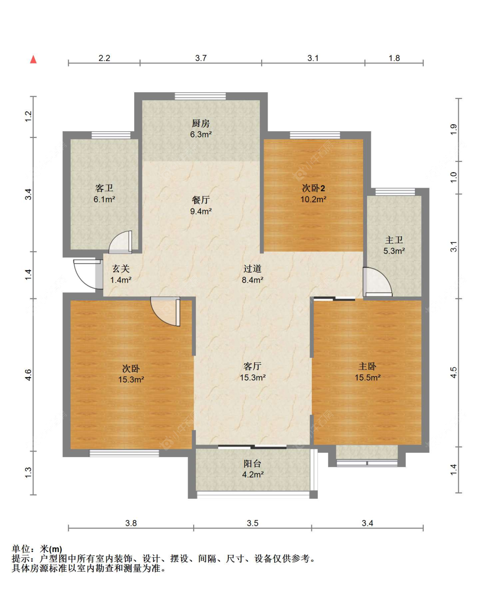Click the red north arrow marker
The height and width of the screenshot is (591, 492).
(x=33, y=59)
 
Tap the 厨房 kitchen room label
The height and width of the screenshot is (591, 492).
(x=201, y=123)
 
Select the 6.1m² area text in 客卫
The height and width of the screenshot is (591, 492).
(x=104, y=199)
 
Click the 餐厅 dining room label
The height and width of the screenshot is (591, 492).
(x=201, y=200)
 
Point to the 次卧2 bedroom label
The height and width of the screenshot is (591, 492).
(x=313, y=188)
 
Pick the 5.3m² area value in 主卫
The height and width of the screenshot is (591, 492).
(x=394, y=251)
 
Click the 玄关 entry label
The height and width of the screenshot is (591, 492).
(x=121, y=269)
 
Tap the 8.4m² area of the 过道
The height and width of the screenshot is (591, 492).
(x=252, y=280)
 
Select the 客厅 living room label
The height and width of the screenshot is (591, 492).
(x=252, y=366)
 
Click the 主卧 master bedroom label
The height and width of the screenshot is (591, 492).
(x=367, y=367)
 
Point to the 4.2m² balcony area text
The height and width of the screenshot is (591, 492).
(x=253, y=474)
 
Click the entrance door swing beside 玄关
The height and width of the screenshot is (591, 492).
(x=88, y=274)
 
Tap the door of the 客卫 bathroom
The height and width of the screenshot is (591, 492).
(x=121, y=242)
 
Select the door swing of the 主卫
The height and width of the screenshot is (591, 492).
(x=377, y=282)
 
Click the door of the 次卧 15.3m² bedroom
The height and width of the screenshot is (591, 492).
(x=165, y=311)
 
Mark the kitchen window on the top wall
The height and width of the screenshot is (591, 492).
(x=200, y=96)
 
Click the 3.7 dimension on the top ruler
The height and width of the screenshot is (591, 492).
(x=201, y=58)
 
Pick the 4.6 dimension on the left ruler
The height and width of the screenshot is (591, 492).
(x=28, y=375)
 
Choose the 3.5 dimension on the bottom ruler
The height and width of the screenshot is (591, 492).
(x=253, y=523)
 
